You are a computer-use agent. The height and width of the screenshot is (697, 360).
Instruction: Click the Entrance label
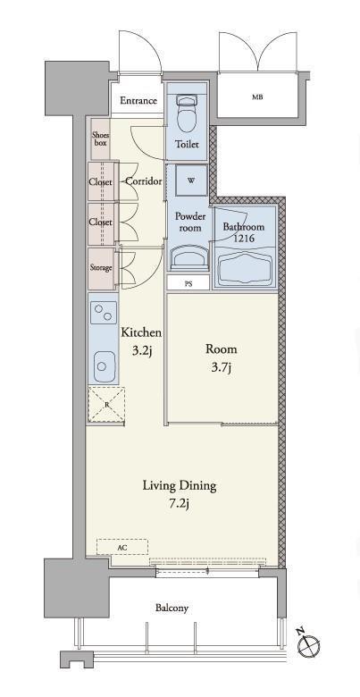click(138, 101)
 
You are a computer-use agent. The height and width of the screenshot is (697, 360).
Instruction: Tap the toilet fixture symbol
click(187, 113)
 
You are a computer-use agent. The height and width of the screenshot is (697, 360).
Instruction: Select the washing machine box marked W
click(190, 181)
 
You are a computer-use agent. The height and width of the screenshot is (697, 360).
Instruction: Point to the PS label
click(188, 284)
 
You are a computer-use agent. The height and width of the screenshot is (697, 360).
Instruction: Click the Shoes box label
click(100, 139)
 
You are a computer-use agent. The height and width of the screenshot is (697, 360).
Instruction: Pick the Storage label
click(101, 268)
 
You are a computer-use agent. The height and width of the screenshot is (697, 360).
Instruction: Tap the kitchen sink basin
click(105, 365)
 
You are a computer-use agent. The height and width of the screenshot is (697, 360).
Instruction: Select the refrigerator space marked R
click(106, 405)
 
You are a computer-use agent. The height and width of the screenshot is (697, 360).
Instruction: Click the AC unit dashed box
click(122, 547)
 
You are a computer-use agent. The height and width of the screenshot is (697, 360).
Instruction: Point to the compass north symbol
click(307, 642)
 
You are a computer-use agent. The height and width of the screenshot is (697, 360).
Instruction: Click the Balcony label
click(172, 609)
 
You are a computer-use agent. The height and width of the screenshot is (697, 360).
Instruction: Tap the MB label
click(257, 97)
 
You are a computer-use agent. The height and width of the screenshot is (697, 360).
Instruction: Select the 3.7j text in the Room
click(221, 368)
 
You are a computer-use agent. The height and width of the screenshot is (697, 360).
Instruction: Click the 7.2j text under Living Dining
click(180, 504)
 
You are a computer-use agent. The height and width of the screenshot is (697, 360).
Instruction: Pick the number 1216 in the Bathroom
click(244, 239)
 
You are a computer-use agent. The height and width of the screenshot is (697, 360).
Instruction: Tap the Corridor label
click(144, 181)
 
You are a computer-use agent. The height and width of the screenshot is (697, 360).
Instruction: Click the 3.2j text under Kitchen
click(142, 351)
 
